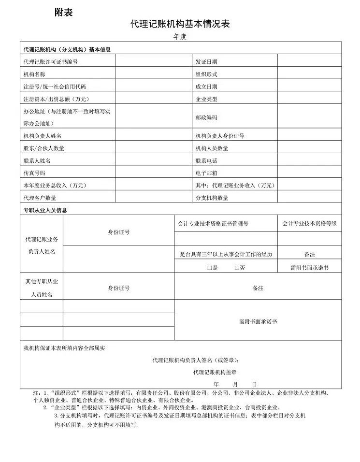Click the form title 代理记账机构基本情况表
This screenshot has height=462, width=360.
pos(179,24)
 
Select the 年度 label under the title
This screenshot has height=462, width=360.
pos(180,37)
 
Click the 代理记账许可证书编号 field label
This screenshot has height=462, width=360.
pos(50,62)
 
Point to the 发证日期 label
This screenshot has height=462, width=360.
pos(206,62)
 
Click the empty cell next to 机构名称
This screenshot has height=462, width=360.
pos(154,74)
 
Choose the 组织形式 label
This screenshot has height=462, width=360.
pos(206,74)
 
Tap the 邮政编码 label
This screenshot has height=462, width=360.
pos(206,117)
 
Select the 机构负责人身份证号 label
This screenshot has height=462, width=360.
pos(220,136)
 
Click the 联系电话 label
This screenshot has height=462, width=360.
pos(206,160)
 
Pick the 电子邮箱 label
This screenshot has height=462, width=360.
pos(206,173)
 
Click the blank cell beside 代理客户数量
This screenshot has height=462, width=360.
pos(154,197)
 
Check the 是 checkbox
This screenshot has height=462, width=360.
pos(209,268)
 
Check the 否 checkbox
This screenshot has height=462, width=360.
pos(237,268)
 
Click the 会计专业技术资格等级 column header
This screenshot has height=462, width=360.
pos(309,223)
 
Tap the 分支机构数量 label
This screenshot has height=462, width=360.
pos(212,198)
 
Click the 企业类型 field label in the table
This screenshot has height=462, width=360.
pos(206,99)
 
